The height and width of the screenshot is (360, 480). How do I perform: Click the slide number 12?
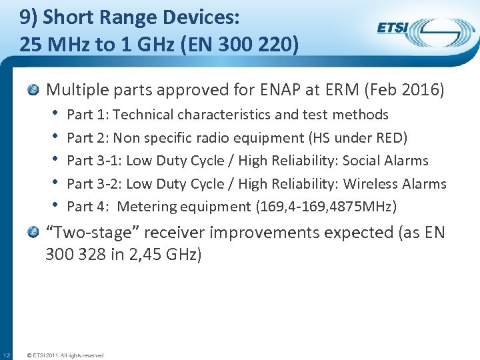click(6, 354)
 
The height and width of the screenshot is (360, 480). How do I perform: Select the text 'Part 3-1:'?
click(95, 161)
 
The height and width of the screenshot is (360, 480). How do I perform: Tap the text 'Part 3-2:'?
click(95, 184)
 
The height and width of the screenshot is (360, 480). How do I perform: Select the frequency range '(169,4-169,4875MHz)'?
click(326, 207)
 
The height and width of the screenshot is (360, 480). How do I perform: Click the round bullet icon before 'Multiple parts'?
click(35, 90)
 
